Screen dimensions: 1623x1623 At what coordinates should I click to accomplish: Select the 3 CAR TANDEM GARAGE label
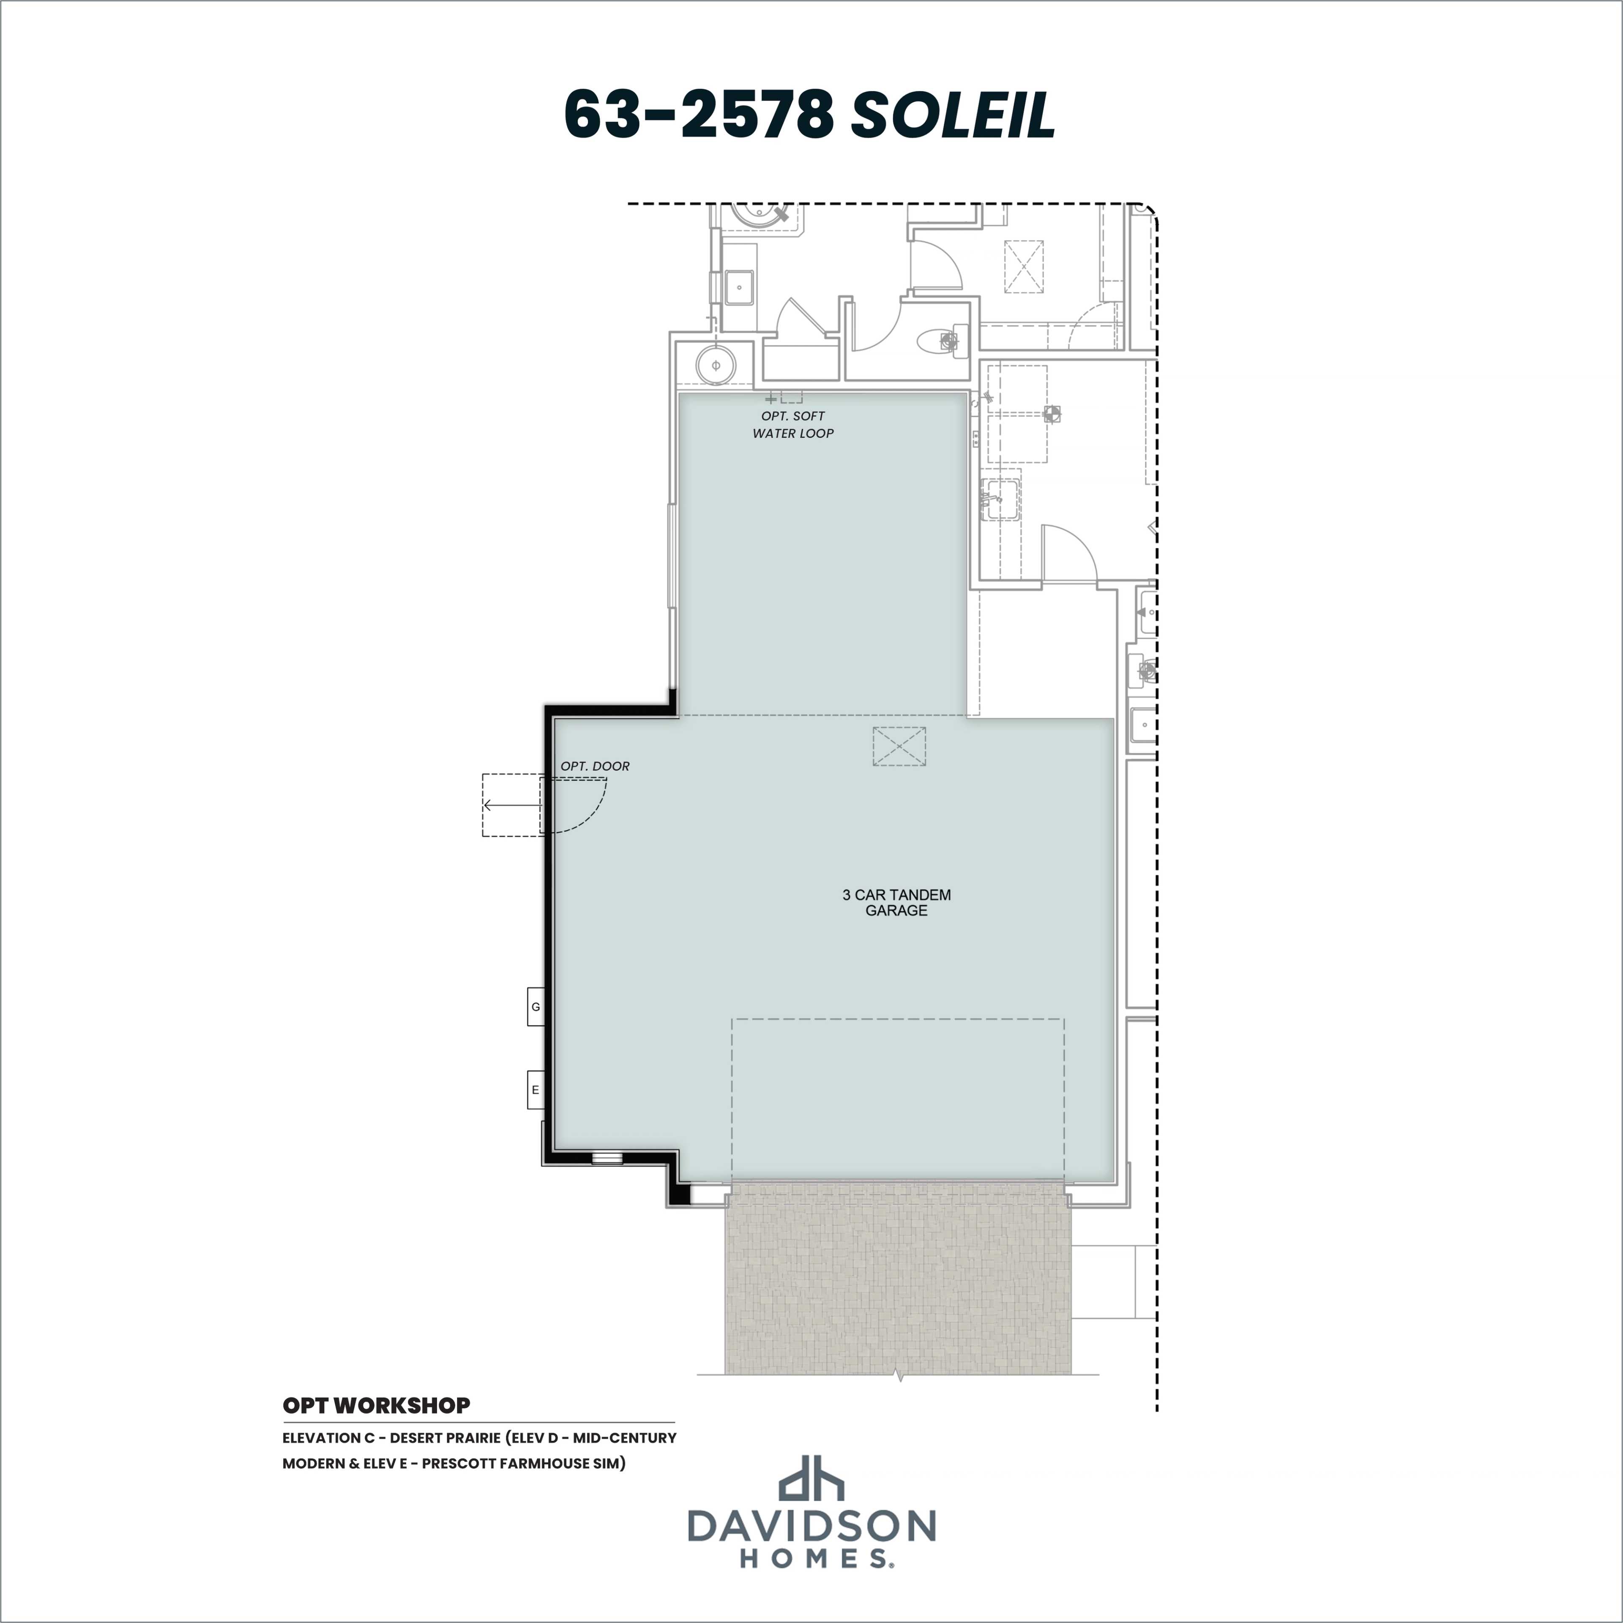pos(896,902)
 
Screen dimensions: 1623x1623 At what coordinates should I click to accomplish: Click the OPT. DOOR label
pos(595,766)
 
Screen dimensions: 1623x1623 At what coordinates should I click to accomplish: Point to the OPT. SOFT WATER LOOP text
pos(793,424)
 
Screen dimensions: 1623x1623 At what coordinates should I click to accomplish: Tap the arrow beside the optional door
pos(512,805)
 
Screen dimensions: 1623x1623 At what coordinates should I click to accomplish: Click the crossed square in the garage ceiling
pos(899,746)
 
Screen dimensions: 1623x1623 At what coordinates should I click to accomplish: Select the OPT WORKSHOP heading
pos(376,1404)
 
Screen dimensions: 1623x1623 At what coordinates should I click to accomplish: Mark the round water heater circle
pos(716,366)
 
